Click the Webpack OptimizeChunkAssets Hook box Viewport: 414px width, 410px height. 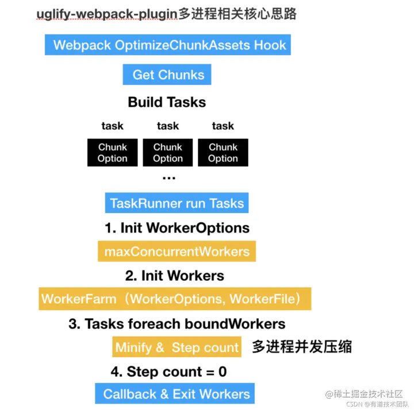[x=168, y=45]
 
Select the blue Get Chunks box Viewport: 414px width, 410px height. [x=167, y=75]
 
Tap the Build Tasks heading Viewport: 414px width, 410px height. [x=167, y=102]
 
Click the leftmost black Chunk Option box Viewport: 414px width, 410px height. [x=113, y=153]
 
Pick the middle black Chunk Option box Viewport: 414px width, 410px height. [x=168, y=153]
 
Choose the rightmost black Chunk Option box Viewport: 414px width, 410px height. [x=223, y=153]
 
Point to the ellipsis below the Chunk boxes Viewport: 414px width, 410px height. [x=168, y=177]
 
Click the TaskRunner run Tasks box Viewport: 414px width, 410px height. [x=177, y=203]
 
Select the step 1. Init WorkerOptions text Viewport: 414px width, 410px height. [x=177, y=228]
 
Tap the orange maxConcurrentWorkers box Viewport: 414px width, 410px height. [x=177, y=252]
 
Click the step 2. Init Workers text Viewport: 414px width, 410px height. [x=175, y=276]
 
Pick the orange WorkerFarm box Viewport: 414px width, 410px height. [x=175, y=299]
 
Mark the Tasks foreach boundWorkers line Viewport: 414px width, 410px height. [x=177, y=324]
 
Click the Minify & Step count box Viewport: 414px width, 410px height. [x=177, y=347]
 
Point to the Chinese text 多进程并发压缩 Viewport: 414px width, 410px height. [x=302, y=346]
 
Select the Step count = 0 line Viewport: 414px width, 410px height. [x=168, y=372]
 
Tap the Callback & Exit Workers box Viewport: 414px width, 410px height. [x=177, y=394]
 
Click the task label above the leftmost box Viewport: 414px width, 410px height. [x=113, y=126]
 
